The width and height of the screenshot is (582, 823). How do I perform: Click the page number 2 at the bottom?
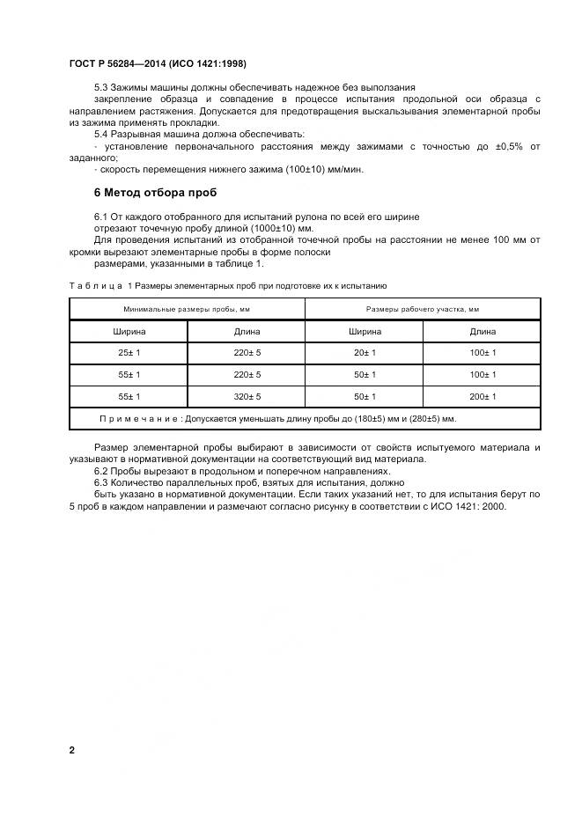(x=71, y=750)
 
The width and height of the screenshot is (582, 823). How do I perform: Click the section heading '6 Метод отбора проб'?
(x=155, y=192)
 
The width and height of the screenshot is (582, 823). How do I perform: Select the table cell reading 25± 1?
(x=129, y=353)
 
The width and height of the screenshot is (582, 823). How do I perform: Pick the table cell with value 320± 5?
(x=246, y=397)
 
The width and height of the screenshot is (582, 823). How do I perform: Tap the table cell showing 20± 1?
(x=365, y=353)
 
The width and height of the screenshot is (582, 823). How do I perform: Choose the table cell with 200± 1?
(x=482, y=397)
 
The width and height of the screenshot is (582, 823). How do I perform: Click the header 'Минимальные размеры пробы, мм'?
(x=187, y=309)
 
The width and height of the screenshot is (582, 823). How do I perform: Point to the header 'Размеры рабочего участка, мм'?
(x=423, y=309)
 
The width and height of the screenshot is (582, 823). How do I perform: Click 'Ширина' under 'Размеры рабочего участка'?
(x=365, y=332)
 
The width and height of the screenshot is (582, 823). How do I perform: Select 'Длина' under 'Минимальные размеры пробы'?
(x=246, y=332)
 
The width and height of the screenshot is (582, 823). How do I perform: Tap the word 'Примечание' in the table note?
(x=139, y=419)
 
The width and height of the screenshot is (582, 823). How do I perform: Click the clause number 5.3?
(x=101, y=87)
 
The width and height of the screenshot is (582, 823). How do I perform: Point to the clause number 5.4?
(x=101, y=135)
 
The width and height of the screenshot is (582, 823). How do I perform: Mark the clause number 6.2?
(x=101, y=471)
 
